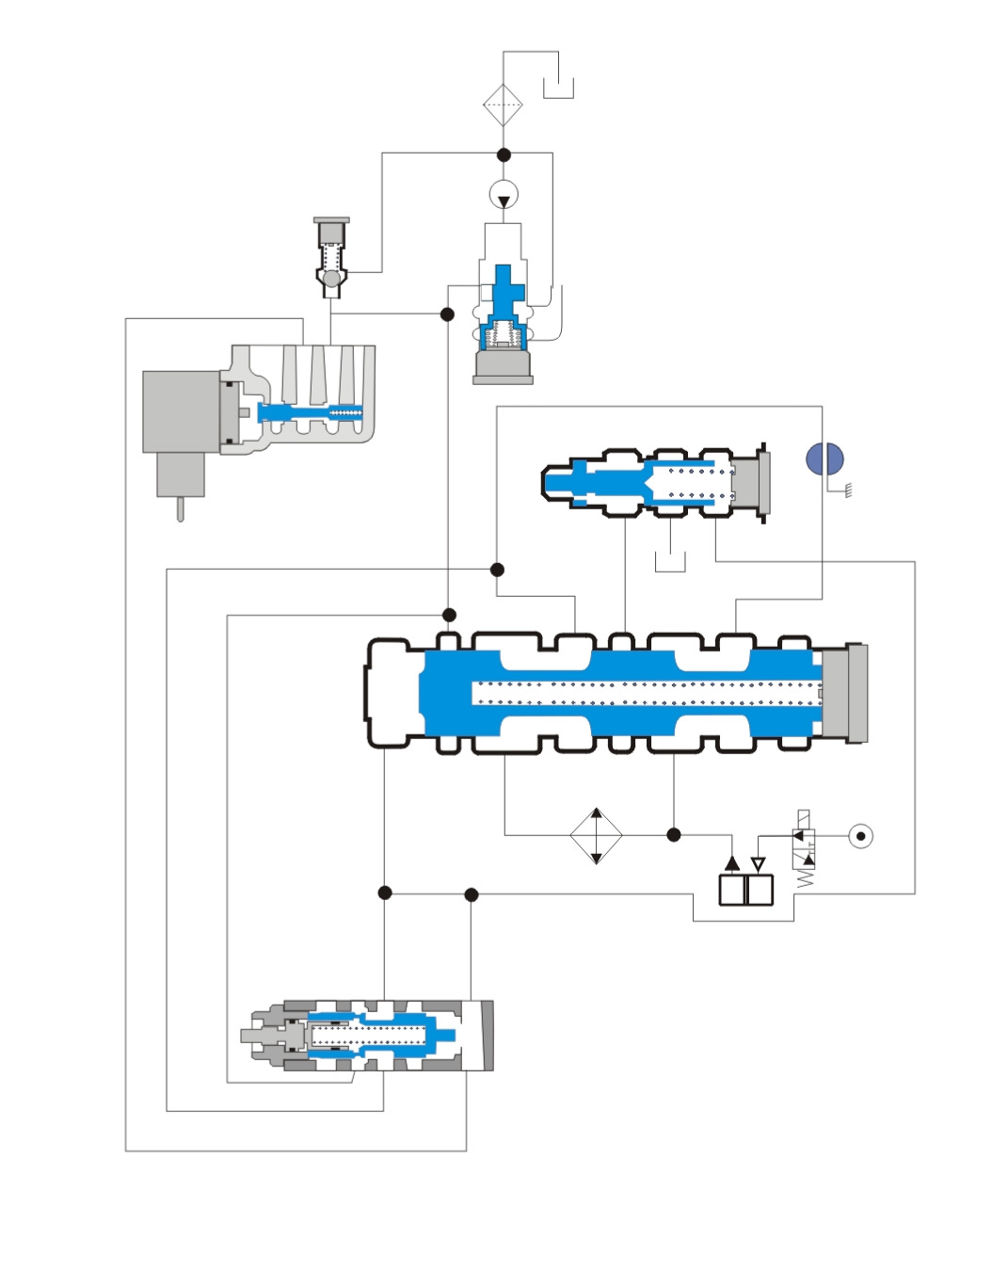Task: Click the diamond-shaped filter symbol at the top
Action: coord(503,105)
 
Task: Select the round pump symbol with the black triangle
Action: coord(504,196)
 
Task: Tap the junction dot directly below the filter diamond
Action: coord(504,154)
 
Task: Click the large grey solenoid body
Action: coord(181,411)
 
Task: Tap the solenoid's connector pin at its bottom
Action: coord(180,508)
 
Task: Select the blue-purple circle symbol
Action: coord(824,459)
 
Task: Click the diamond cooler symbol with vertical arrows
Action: coord(596,835)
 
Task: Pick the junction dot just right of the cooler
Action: coord(674,835)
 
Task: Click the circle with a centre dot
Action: coord(860,836)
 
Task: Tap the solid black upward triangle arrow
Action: coord(732,862)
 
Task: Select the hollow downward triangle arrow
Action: coord(759,864)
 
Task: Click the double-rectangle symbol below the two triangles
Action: coord(745,890)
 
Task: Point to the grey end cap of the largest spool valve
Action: coord(844,694)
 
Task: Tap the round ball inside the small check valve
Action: coord(331,280)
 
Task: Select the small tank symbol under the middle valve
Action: coord(670,562)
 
